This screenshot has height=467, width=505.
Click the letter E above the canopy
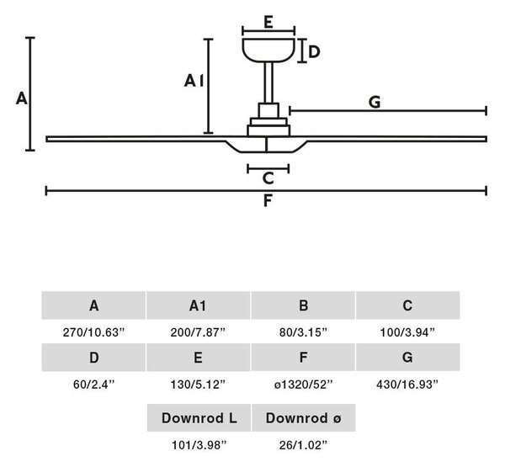268,22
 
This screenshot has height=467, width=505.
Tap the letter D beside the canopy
314,52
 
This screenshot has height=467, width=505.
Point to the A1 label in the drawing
194,81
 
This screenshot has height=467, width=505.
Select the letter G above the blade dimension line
375,102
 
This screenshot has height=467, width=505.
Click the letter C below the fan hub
268,178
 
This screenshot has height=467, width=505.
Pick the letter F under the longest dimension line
268,200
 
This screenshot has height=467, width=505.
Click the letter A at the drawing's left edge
22,98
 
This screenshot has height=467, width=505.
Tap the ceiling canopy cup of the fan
268,50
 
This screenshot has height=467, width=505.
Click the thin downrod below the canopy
268,82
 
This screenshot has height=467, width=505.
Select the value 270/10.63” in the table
93,332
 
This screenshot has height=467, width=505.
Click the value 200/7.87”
198,332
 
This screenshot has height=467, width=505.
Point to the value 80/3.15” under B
303,332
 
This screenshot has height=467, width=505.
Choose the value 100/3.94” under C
407,332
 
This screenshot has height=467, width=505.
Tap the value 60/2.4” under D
93,385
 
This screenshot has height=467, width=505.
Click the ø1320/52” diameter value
303,385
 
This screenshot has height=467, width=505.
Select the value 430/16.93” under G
407,385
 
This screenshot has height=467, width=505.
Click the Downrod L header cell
199,417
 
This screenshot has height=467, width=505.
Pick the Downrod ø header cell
303,417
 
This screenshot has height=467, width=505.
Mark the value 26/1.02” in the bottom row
303,445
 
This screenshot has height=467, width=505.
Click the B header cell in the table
303,305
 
